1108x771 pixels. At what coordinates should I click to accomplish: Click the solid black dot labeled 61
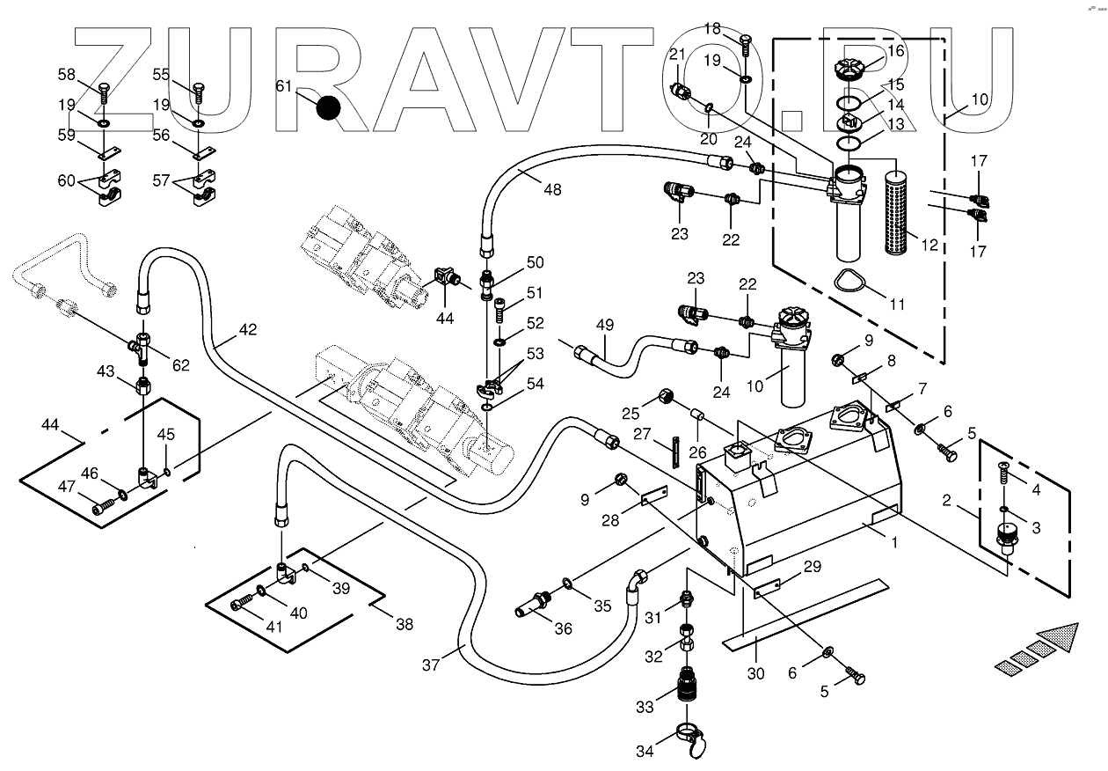(x=328, y=107)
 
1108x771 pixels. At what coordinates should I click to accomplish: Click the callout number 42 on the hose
(x=248, y=329)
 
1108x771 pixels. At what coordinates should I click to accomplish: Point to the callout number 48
(x=552, y=189)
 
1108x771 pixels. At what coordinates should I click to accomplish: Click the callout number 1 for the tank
(x=893, y=543)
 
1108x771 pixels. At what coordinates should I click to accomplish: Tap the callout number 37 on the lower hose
(x=431, y=665)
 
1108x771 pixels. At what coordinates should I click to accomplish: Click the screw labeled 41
(x=242, y=604)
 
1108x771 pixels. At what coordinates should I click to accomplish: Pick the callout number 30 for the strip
(x=756, y=673)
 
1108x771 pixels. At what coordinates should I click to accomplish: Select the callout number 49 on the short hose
(x=604, y=325)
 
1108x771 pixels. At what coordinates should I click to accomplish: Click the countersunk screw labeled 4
(x=1003, y=472)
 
